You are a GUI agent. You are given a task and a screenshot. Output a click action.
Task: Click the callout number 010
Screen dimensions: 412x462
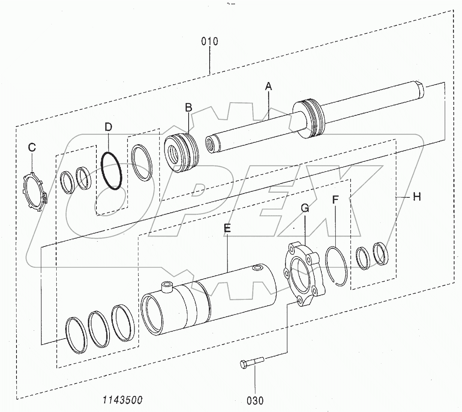click(210, 41)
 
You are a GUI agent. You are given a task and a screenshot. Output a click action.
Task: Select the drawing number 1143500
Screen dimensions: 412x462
click(123, 400)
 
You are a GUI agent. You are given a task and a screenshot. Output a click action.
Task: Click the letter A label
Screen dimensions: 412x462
click(268, 87)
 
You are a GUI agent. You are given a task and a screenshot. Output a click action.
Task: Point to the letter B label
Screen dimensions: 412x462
click(188, 108)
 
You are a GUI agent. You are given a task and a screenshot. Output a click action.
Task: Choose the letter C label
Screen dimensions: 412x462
click(32, 148)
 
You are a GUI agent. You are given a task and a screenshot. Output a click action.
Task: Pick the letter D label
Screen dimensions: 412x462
click(108, 127)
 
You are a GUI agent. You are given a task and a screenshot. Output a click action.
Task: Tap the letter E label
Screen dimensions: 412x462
click(227, 228)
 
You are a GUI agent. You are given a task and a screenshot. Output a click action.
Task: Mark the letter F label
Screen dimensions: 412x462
click(335, 199)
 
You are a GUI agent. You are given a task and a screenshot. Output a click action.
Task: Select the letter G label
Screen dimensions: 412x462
click(305, 208)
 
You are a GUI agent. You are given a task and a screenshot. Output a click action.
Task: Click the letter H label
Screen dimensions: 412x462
click(417, 196)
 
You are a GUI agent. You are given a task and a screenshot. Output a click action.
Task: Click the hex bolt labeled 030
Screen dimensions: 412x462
click(251, 362)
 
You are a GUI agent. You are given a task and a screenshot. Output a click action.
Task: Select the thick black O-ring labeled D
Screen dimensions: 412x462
click(112, 170)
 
